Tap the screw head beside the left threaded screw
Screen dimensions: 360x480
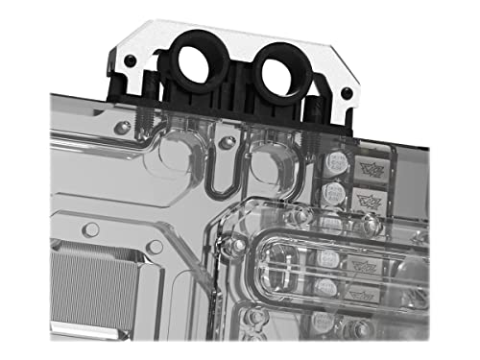pos(120,128)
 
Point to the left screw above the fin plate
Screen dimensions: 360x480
pos(91,229)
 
